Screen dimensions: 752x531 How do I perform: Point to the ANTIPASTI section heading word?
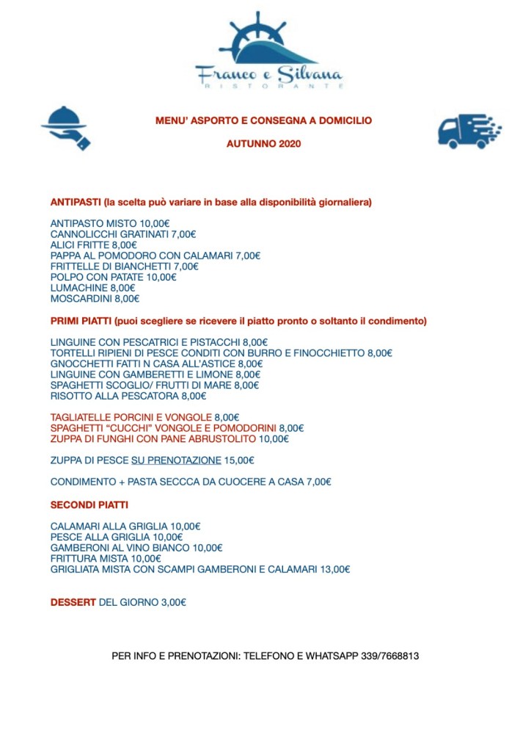click(76, 201)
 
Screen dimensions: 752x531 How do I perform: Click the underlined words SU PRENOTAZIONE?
click(176, 460)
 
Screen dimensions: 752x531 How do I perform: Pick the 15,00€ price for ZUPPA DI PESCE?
click(240, 460)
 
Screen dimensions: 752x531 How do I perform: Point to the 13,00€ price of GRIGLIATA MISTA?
click(335, 568)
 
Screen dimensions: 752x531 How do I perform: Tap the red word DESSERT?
click(73, 602)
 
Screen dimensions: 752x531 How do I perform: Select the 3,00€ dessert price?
click(173, 602)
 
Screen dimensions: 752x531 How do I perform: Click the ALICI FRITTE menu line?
click(94, 245)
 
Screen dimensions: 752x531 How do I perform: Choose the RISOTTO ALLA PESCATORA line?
click(128, 396)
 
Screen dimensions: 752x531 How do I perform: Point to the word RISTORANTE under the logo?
click(269, 86)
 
